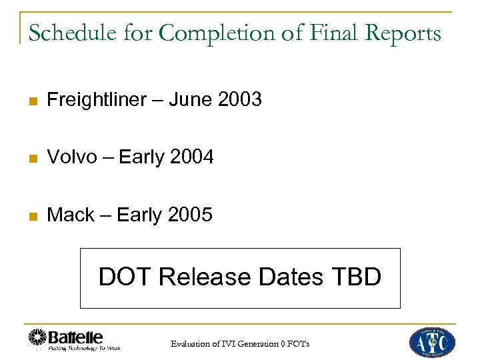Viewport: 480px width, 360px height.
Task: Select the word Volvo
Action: [x=72, y=157]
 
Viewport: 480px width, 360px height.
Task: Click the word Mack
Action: [x=70, y=215]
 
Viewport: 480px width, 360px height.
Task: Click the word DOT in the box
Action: [x=124, y=276]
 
